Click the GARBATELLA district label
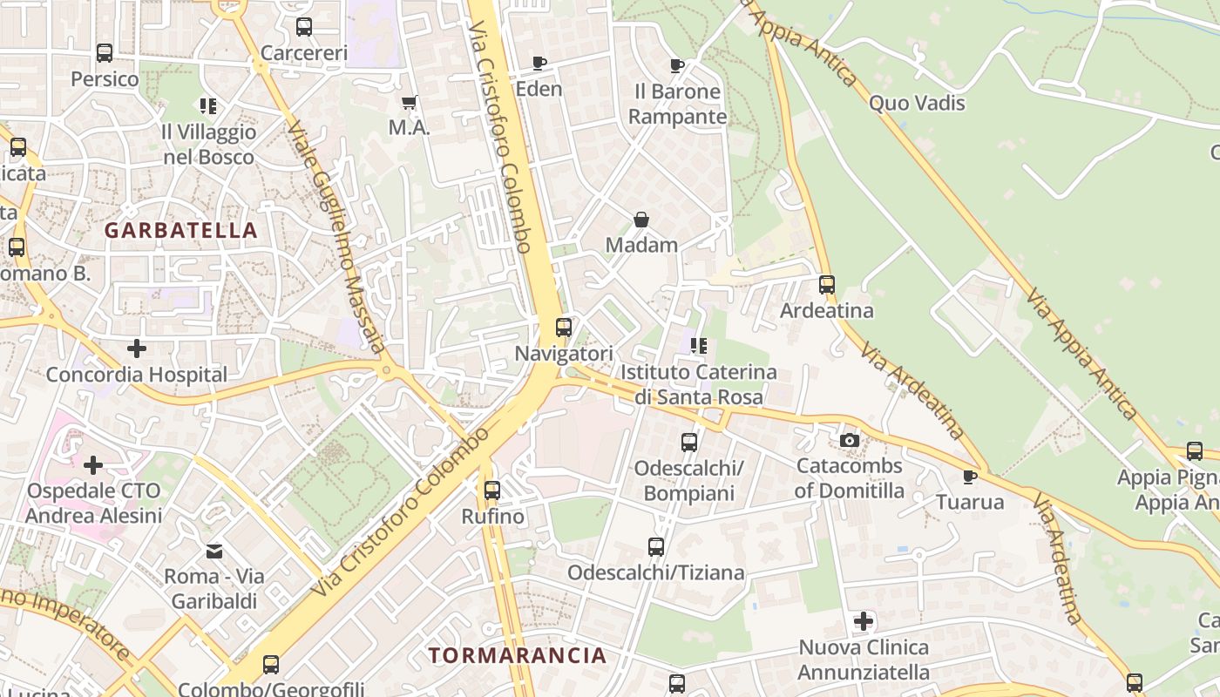(180, 230)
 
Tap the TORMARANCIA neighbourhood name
(517, 655)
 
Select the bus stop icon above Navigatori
(564, 328)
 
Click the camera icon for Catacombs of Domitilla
(850, 440)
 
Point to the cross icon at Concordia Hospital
(137, 348)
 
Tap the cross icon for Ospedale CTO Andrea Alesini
(93, 464)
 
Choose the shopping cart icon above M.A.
(410, 102)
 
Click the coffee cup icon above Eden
(539, 63)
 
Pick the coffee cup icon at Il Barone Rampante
(677, 65)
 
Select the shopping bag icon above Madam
(641, 220)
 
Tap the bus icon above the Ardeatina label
(827, 284)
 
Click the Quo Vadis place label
(917, 103)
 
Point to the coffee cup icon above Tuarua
(970, 476)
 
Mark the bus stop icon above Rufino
(492, 490)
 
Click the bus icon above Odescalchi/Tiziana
(656, 546)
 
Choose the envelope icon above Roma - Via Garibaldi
(214, 551)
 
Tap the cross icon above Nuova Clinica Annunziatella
(864, 621)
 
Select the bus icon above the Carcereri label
(304, 27)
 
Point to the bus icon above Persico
(105, 53)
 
